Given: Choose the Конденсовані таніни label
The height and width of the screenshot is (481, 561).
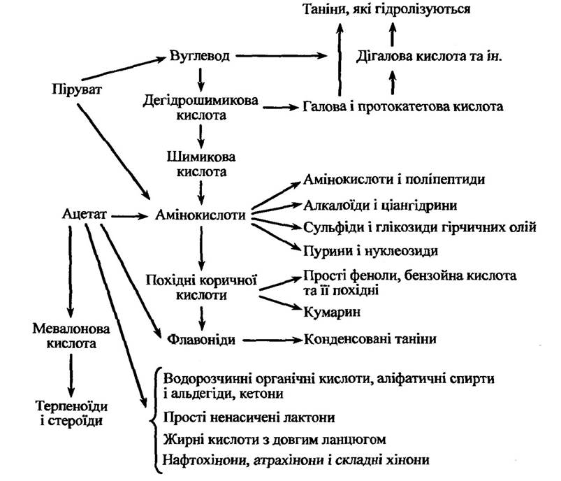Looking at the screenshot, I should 370,340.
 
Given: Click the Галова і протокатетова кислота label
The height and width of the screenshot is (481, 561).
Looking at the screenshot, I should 404,108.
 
